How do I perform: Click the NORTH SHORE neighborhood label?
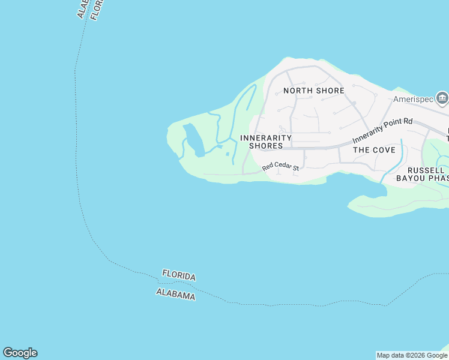[314, 91]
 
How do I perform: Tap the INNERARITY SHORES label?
[265, 142]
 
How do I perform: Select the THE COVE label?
[373, 150]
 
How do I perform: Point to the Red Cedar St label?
[280, 167]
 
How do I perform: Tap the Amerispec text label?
[413, 100]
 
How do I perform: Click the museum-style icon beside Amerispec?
[442, 98]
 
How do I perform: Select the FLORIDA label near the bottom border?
[179, 276]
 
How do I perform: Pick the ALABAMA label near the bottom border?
[175, 294]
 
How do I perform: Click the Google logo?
[20, 353]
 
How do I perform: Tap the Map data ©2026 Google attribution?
[412, 355]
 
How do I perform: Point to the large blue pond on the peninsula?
[194, 139]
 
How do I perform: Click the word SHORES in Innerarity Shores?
[265, 146]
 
